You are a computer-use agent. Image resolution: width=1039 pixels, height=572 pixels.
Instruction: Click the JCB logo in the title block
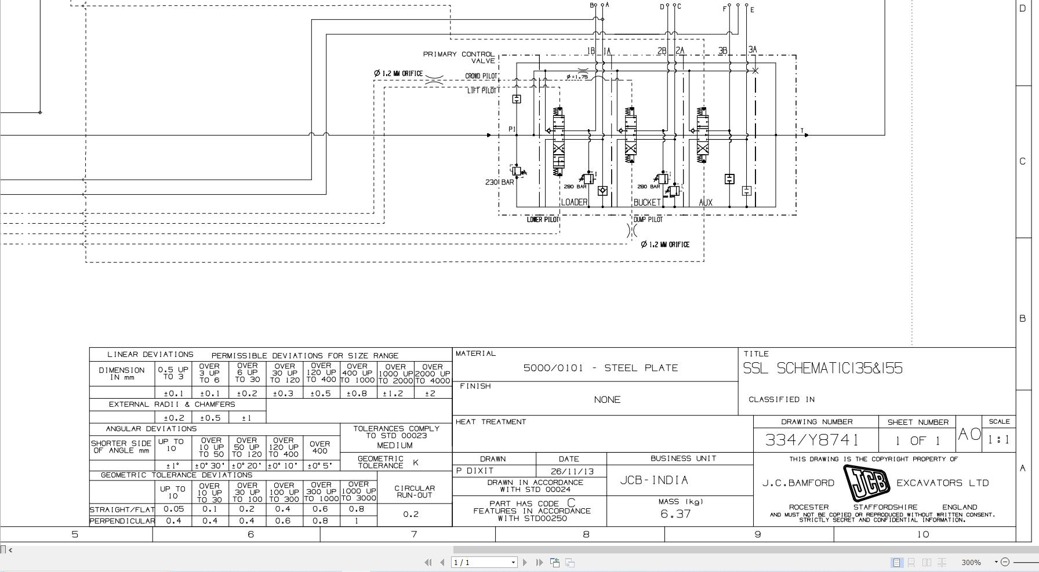pos(866,483)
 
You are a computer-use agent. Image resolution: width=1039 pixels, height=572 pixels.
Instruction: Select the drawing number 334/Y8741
pos(811,440)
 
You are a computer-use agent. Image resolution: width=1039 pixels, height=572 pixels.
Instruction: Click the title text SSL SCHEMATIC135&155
pos(823,369)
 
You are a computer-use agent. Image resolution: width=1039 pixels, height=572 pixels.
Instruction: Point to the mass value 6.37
pos(675,513)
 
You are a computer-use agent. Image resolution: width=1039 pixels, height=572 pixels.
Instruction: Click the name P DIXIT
pos(475,471)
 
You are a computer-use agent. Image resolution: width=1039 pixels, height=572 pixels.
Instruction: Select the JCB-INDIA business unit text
pos(654,480)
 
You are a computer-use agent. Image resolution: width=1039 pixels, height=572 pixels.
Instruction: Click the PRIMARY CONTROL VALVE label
pos(459,57)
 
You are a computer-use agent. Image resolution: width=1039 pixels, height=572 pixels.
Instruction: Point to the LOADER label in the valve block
pos(574,202)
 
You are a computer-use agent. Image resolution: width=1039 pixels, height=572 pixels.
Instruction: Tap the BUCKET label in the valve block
pos(646,202)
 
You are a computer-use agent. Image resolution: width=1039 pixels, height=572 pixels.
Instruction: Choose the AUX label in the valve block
pos(706,202)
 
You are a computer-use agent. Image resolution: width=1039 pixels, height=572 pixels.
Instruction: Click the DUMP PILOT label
pos(648,220)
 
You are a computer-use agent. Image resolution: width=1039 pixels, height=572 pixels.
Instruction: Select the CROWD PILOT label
pos(481,76)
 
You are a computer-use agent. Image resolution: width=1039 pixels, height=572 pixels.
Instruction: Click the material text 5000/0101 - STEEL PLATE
pos(600,368)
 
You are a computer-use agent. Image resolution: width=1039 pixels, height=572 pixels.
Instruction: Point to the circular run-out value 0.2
pos(410,514)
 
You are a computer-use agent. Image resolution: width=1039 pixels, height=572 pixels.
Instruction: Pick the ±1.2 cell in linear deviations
pos(395,393)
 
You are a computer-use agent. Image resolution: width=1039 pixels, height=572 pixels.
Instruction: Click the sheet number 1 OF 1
pos(917,440)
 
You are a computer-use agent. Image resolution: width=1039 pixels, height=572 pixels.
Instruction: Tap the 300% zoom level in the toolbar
pos(971,562)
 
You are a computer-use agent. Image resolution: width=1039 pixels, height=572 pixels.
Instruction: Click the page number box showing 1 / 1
pos(484,562)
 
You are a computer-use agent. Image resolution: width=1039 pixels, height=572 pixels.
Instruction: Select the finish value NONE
pos(607,400)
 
